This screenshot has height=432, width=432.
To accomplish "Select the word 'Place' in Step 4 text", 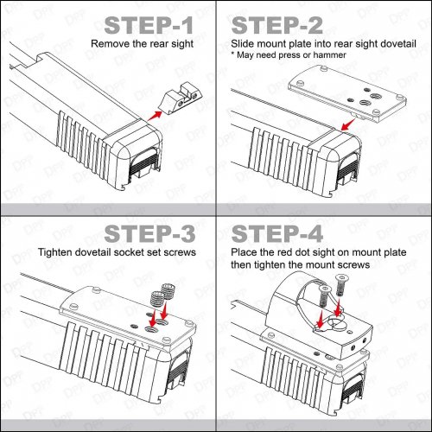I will [x=247, y=254].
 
